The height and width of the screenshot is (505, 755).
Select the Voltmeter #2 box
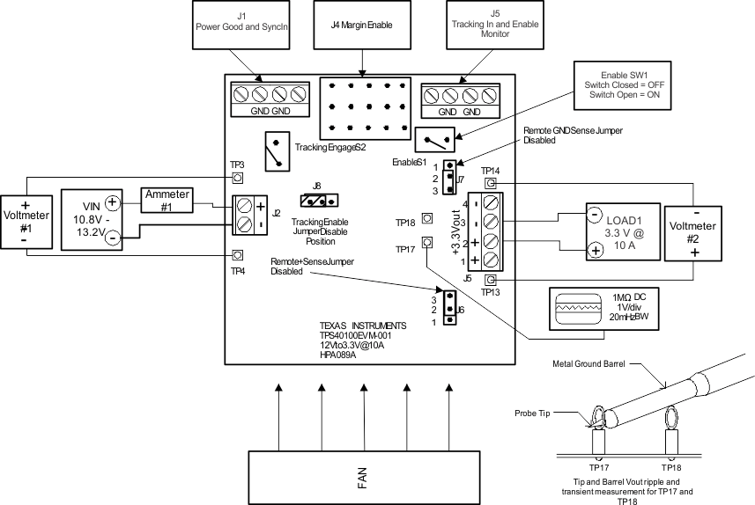[692, 233]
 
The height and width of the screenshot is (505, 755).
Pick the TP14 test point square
[491, 183]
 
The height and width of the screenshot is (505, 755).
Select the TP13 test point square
[491, 280]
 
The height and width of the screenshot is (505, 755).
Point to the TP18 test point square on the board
[427, 217]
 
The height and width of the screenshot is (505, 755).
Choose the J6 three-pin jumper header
[450, 309]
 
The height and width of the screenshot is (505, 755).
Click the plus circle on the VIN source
[114, 202]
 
